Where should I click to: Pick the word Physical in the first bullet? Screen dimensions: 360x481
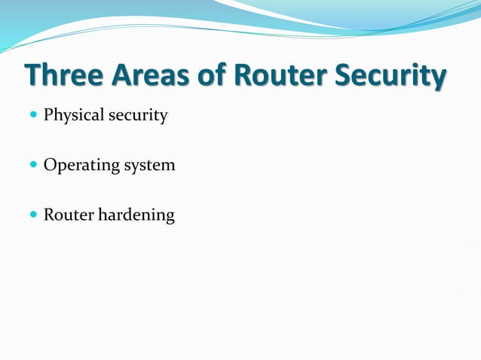click(73, 116)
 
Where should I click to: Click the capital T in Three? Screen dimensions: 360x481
click(33, 77)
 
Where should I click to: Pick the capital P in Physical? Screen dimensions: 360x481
click(48, 116)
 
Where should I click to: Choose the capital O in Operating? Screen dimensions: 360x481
click(50, 165)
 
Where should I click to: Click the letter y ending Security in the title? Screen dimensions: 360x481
click(438, 79)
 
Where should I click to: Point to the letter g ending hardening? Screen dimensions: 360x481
click(170, 218)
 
